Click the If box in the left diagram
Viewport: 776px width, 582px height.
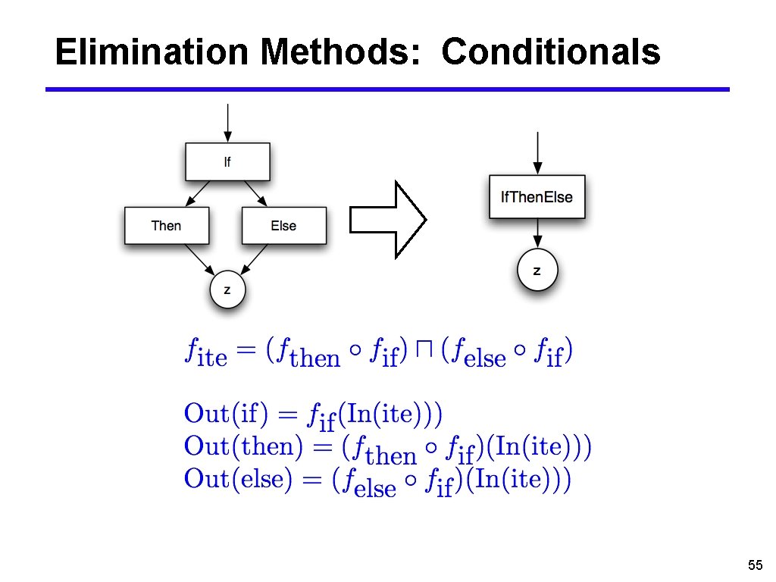(227, 162)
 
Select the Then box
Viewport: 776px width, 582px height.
(166, 226)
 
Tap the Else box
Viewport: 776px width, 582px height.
(283, 226)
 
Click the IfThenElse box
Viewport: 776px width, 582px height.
(537, 197)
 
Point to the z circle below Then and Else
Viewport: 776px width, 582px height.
(227, 289)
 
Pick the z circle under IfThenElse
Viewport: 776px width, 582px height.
(537, 271)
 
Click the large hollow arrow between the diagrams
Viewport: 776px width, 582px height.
(387, 220)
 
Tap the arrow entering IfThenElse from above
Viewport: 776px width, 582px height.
(537, 152)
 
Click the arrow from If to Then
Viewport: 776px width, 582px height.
(198, 193)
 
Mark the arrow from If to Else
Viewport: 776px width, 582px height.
(256, 193)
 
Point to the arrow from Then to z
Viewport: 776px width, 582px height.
(199, 258)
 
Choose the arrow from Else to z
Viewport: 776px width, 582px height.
(255, 258)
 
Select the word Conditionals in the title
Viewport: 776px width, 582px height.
(551, 52)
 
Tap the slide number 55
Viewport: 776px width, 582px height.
(754, 565)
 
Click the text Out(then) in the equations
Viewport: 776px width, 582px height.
(238, 446)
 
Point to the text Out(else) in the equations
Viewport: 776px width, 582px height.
(237, 479)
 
